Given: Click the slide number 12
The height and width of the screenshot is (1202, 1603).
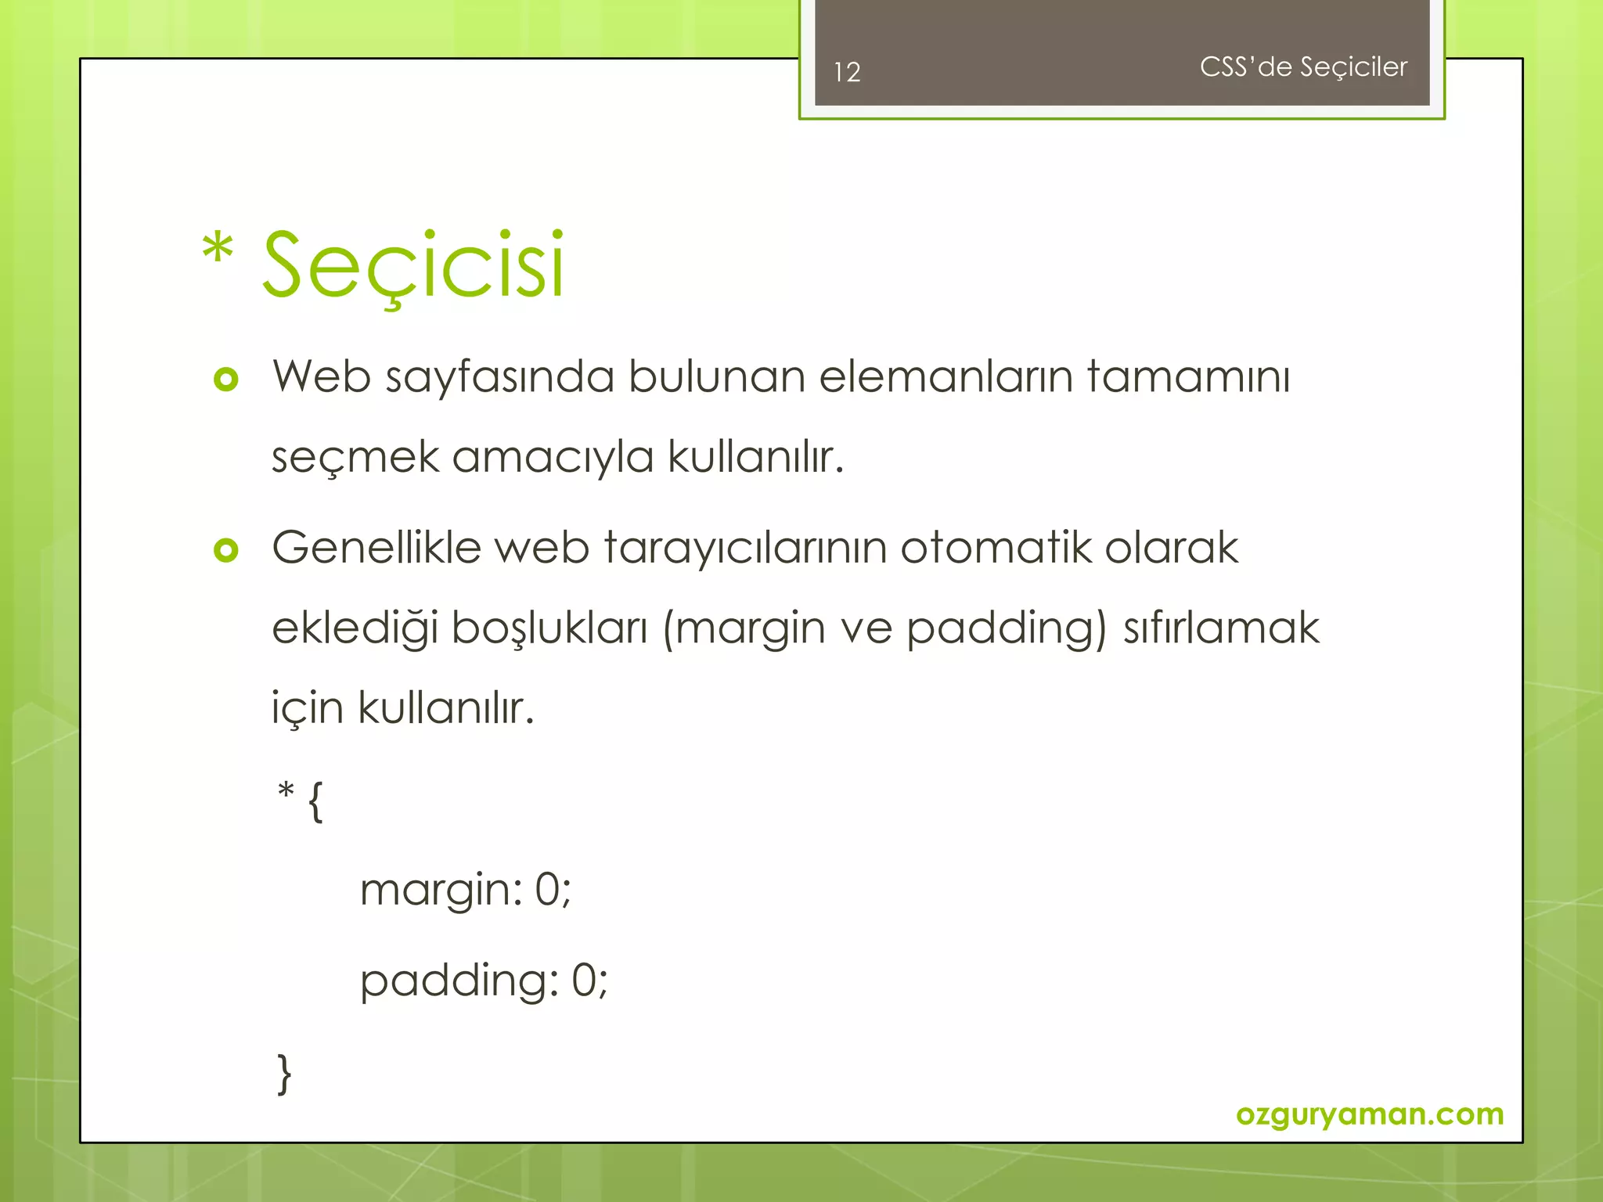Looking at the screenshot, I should (x=847, y=72).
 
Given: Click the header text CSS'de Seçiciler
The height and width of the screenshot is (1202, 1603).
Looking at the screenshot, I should (x=1303, y=67).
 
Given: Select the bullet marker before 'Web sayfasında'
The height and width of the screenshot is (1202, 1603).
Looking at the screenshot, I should (x=225, y=380).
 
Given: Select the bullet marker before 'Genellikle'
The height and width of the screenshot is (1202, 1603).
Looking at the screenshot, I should (x=225, y=550).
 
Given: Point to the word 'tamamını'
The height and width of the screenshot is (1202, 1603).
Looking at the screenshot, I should (x=1188, y=377).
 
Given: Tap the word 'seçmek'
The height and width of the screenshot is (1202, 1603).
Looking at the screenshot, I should (x=355, y=458).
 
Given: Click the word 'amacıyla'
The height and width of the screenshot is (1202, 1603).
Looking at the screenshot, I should (x=553, y=458).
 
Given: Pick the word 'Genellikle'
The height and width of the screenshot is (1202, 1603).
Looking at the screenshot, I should (x=376, y=547).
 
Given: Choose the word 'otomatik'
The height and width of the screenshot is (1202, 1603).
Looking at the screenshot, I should (x=995, y=547).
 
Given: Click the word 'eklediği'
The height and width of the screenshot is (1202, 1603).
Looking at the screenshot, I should (x=355, y=629).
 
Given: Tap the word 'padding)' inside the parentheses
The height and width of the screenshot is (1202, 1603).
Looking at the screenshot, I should (x=1007, y=629).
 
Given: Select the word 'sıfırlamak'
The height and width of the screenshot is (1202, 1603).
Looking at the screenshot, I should (x=1221, y=628).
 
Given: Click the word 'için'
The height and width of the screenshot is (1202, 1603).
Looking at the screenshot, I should (x=308, y=709).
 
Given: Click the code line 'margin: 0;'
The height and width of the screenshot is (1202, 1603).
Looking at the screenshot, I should (x=466, y=891).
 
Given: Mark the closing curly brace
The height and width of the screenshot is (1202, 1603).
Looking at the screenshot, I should (x=284, y=1074).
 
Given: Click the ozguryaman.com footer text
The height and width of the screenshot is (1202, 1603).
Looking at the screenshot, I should (x=1370, y=1114).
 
